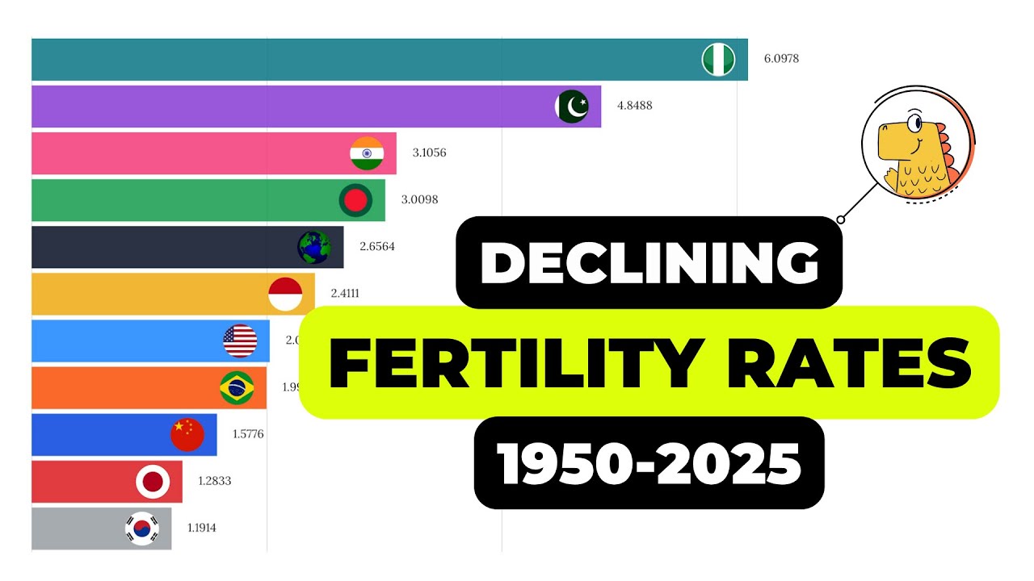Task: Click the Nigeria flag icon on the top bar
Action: [x=718, y=60]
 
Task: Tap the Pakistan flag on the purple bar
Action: [x=572, y=107]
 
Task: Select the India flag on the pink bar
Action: [x=367, y=153]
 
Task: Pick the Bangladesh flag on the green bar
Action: [x=355, y=200]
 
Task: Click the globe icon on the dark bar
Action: [x=314, y=247]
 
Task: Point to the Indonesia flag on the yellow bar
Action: [x=285, y=294]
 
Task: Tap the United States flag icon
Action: [x=240, y=341]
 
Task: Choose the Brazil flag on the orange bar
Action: [x=237, y=388]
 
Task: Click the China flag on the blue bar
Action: [x=187, y=435]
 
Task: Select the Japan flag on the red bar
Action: [x=153, y=482]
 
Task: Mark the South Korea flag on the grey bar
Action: [x=142, y=529]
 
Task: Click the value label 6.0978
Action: [x=781, y=59]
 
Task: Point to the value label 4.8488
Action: [x=634, y=106]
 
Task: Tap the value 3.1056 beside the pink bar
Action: [x=429, y=153]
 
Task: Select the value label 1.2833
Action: [x=215, y=481]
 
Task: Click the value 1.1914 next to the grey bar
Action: [x=201, y=529]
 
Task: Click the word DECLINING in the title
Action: [x=649, y=262]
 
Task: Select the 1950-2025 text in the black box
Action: [x=649, y=463]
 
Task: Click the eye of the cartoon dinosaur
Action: [x=914, y=123]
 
